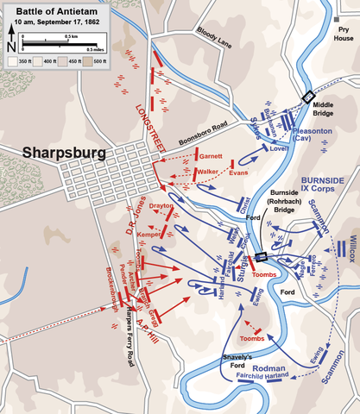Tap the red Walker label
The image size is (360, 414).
tap(207, 172)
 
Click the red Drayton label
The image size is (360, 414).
tap(161, 207)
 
